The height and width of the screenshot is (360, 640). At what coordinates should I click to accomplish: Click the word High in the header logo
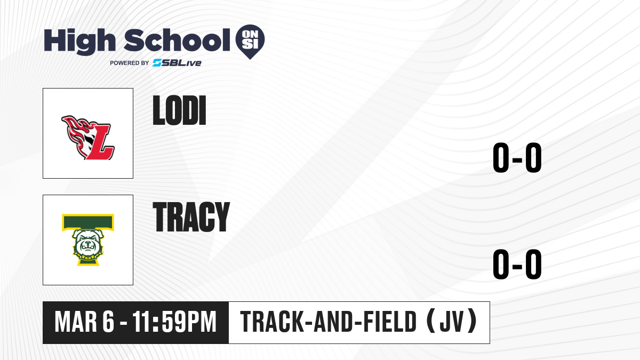click(79, 41)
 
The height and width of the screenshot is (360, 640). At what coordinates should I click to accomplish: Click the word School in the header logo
click(177, 39)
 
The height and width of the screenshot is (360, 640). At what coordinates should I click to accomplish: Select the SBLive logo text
click(177, 63)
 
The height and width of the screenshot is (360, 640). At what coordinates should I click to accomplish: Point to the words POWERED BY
click(130, 63)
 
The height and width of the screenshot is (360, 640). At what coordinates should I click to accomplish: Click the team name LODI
click(179, 110)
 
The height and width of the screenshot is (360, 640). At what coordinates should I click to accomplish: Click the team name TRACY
click(191, 217)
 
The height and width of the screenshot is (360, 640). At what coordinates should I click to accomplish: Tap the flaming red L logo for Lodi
click(88, 138)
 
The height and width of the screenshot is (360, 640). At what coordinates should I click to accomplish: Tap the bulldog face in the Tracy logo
click(87, 243)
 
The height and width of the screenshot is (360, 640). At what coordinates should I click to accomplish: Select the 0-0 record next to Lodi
click(517, 157)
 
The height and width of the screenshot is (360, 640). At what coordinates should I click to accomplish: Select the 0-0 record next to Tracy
click(517, 264)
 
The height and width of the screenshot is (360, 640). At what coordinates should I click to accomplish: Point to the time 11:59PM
click(174, 322)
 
